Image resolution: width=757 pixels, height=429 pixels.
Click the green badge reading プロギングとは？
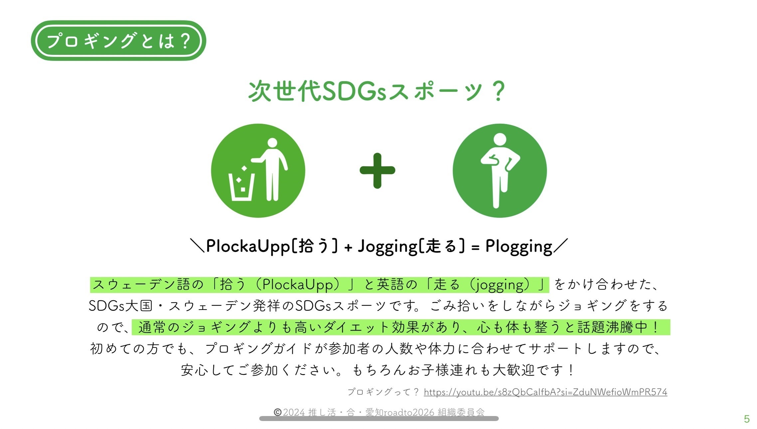118,41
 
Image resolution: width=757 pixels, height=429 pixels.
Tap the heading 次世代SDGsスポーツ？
377,91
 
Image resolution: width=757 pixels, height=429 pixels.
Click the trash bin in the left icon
241,187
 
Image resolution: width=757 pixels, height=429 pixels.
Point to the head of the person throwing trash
272,143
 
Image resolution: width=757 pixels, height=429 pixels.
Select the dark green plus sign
377,171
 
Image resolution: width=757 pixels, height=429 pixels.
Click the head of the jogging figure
500,140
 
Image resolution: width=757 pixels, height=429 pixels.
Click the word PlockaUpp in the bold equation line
248,247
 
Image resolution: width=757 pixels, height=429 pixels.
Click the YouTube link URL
545,392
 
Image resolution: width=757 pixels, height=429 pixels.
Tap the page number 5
747,419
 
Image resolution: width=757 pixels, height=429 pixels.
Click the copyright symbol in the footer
278,412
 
